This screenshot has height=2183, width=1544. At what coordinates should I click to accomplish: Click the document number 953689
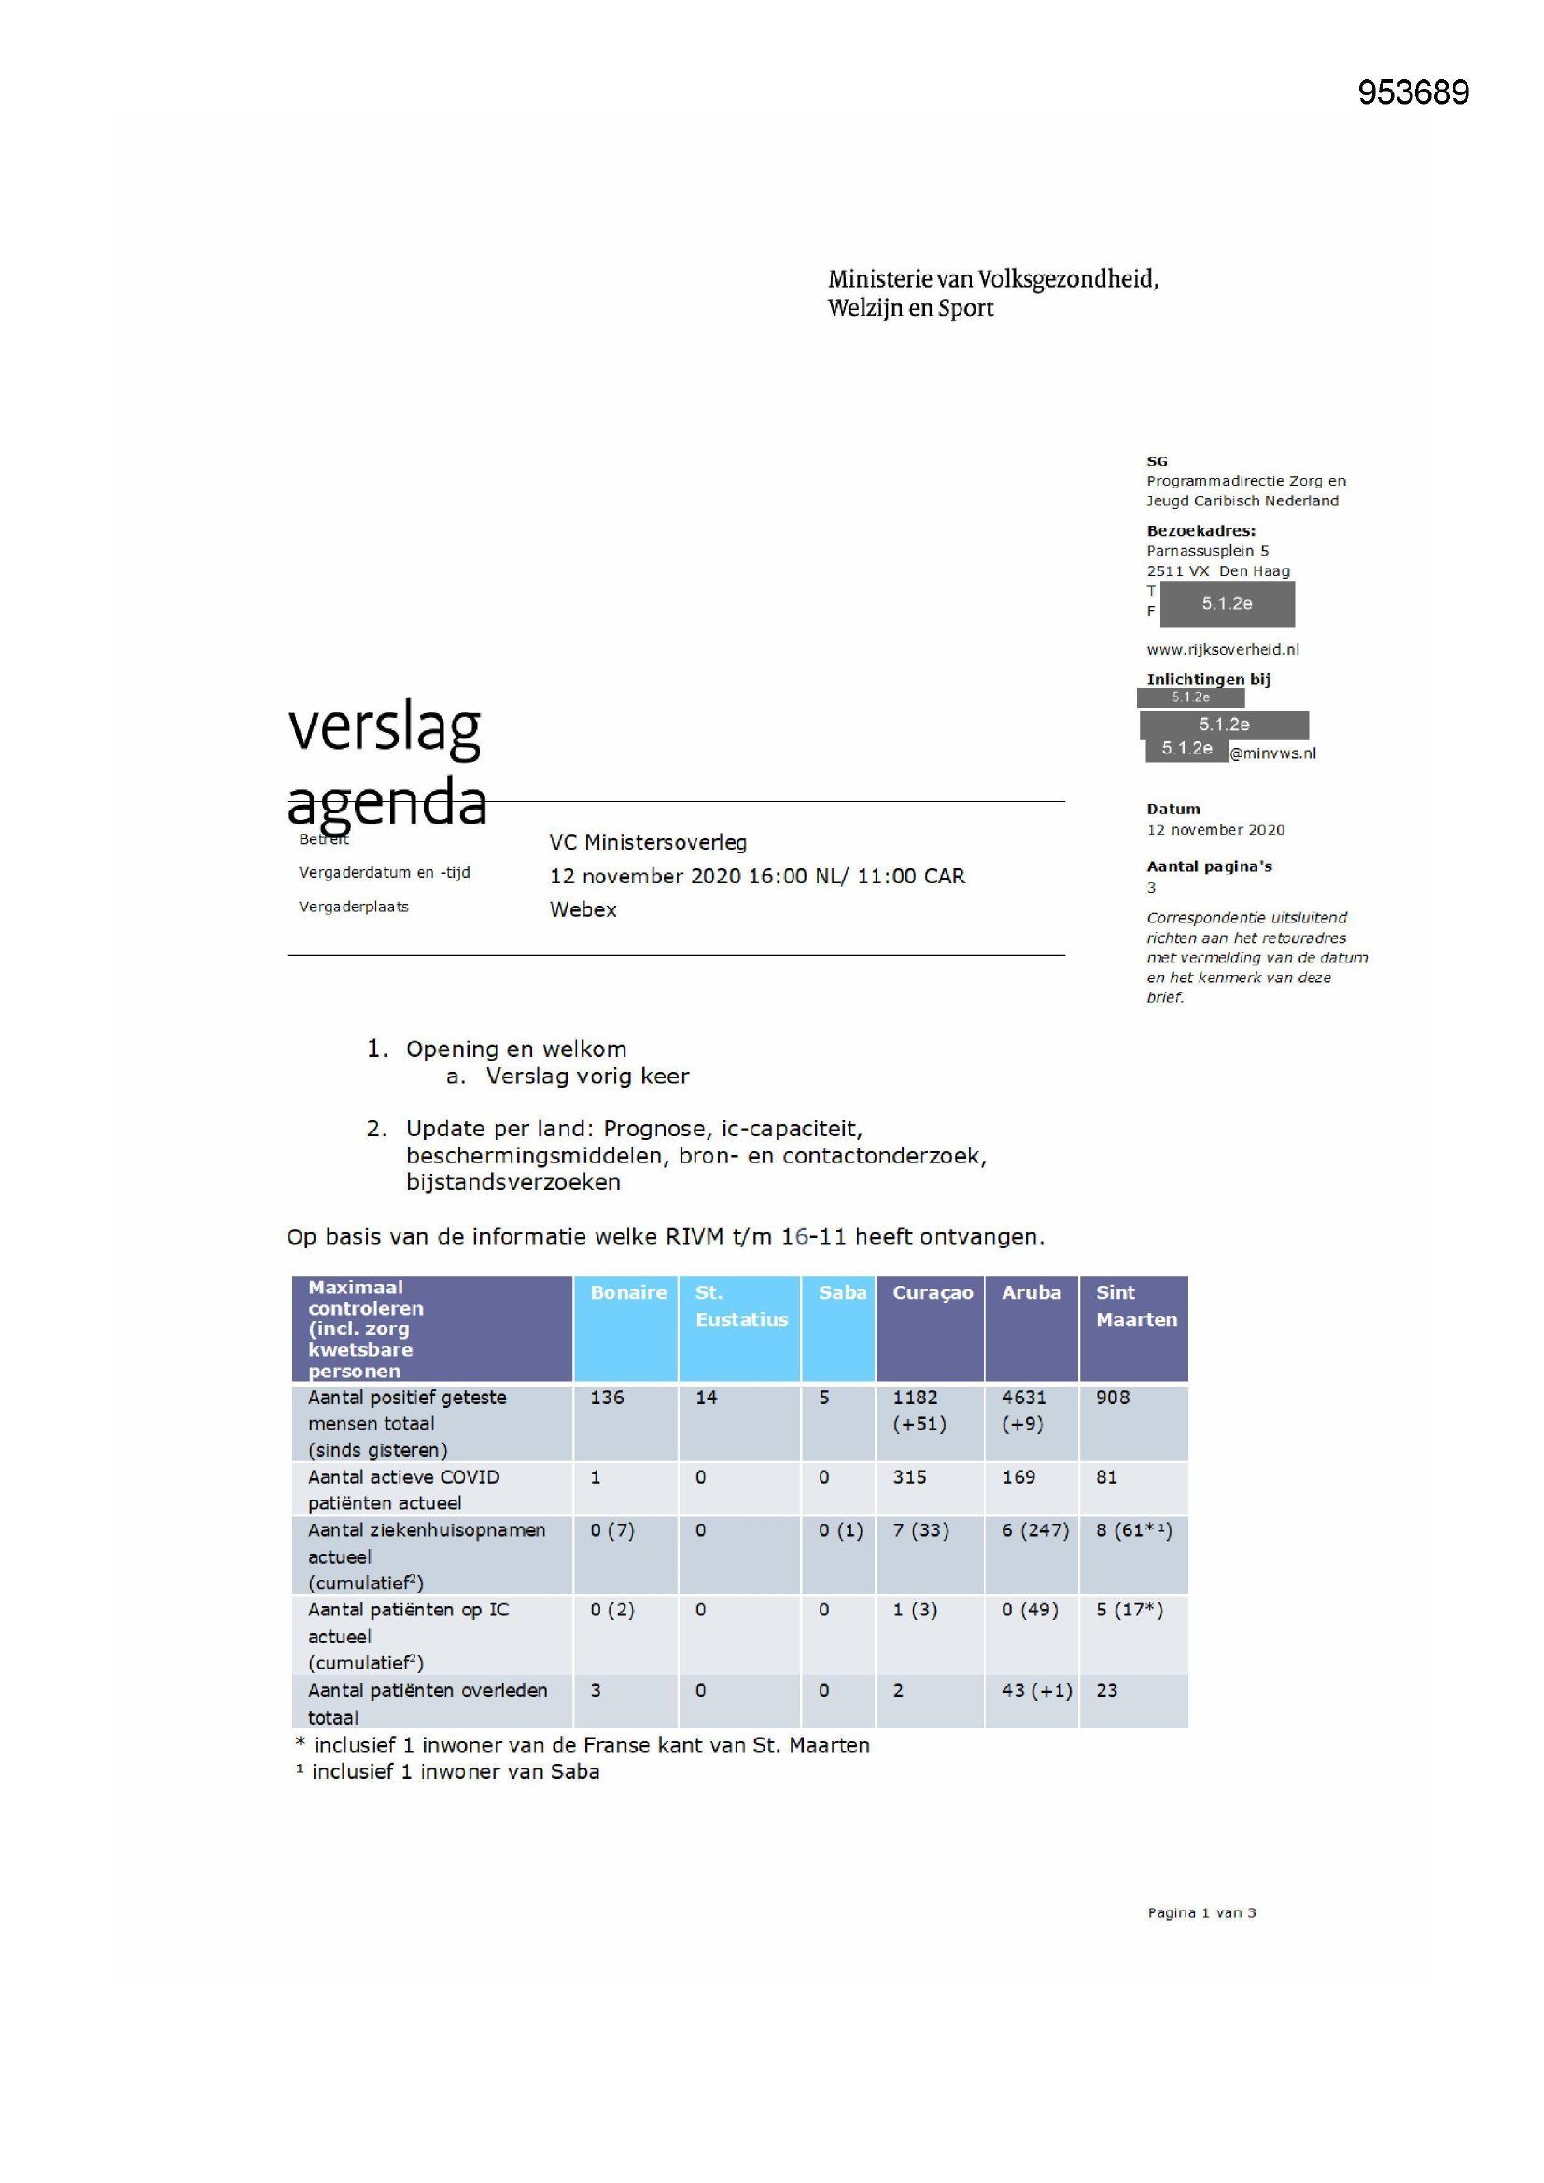(1412, 92)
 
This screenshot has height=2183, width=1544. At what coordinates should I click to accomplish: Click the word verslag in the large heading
(384, 727)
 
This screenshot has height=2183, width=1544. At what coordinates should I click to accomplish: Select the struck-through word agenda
(387, 801)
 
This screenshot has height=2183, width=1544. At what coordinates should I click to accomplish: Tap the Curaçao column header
(932, 1292)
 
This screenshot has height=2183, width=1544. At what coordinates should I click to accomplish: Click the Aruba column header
(1031, 1292)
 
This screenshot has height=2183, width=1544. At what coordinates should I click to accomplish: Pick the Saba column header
(841, 1292)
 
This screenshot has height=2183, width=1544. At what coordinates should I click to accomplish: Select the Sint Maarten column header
(1135, 1305)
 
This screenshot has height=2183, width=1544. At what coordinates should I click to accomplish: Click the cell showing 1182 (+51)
(919, 1410)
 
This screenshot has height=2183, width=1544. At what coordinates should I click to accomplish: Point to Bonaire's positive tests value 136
(607, 1398)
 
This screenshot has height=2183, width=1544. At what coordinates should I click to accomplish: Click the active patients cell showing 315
(909, 1476)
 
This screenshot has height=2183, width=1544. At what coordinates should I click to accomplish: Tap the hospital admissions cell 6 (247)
(1034, 1529)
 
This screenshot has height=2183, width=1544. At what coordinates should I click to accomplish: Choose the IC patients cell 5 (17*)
(1129, 1610)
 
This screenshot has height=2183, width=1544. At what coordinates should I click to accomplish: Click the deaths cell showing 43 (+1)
(1035, 1690)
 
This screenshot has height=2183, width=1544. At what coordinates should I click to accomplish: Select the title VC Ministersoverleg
(648, 842)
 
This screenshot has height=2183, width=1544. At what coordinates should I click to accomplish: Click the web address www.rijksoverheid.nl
(1222, 649)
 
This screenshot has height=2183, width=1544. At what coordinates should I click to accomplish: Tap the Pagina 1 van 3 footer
(1200, 1913)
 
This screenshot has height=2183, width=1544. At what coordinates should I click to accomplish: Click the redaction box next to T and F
(1227, 603)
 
